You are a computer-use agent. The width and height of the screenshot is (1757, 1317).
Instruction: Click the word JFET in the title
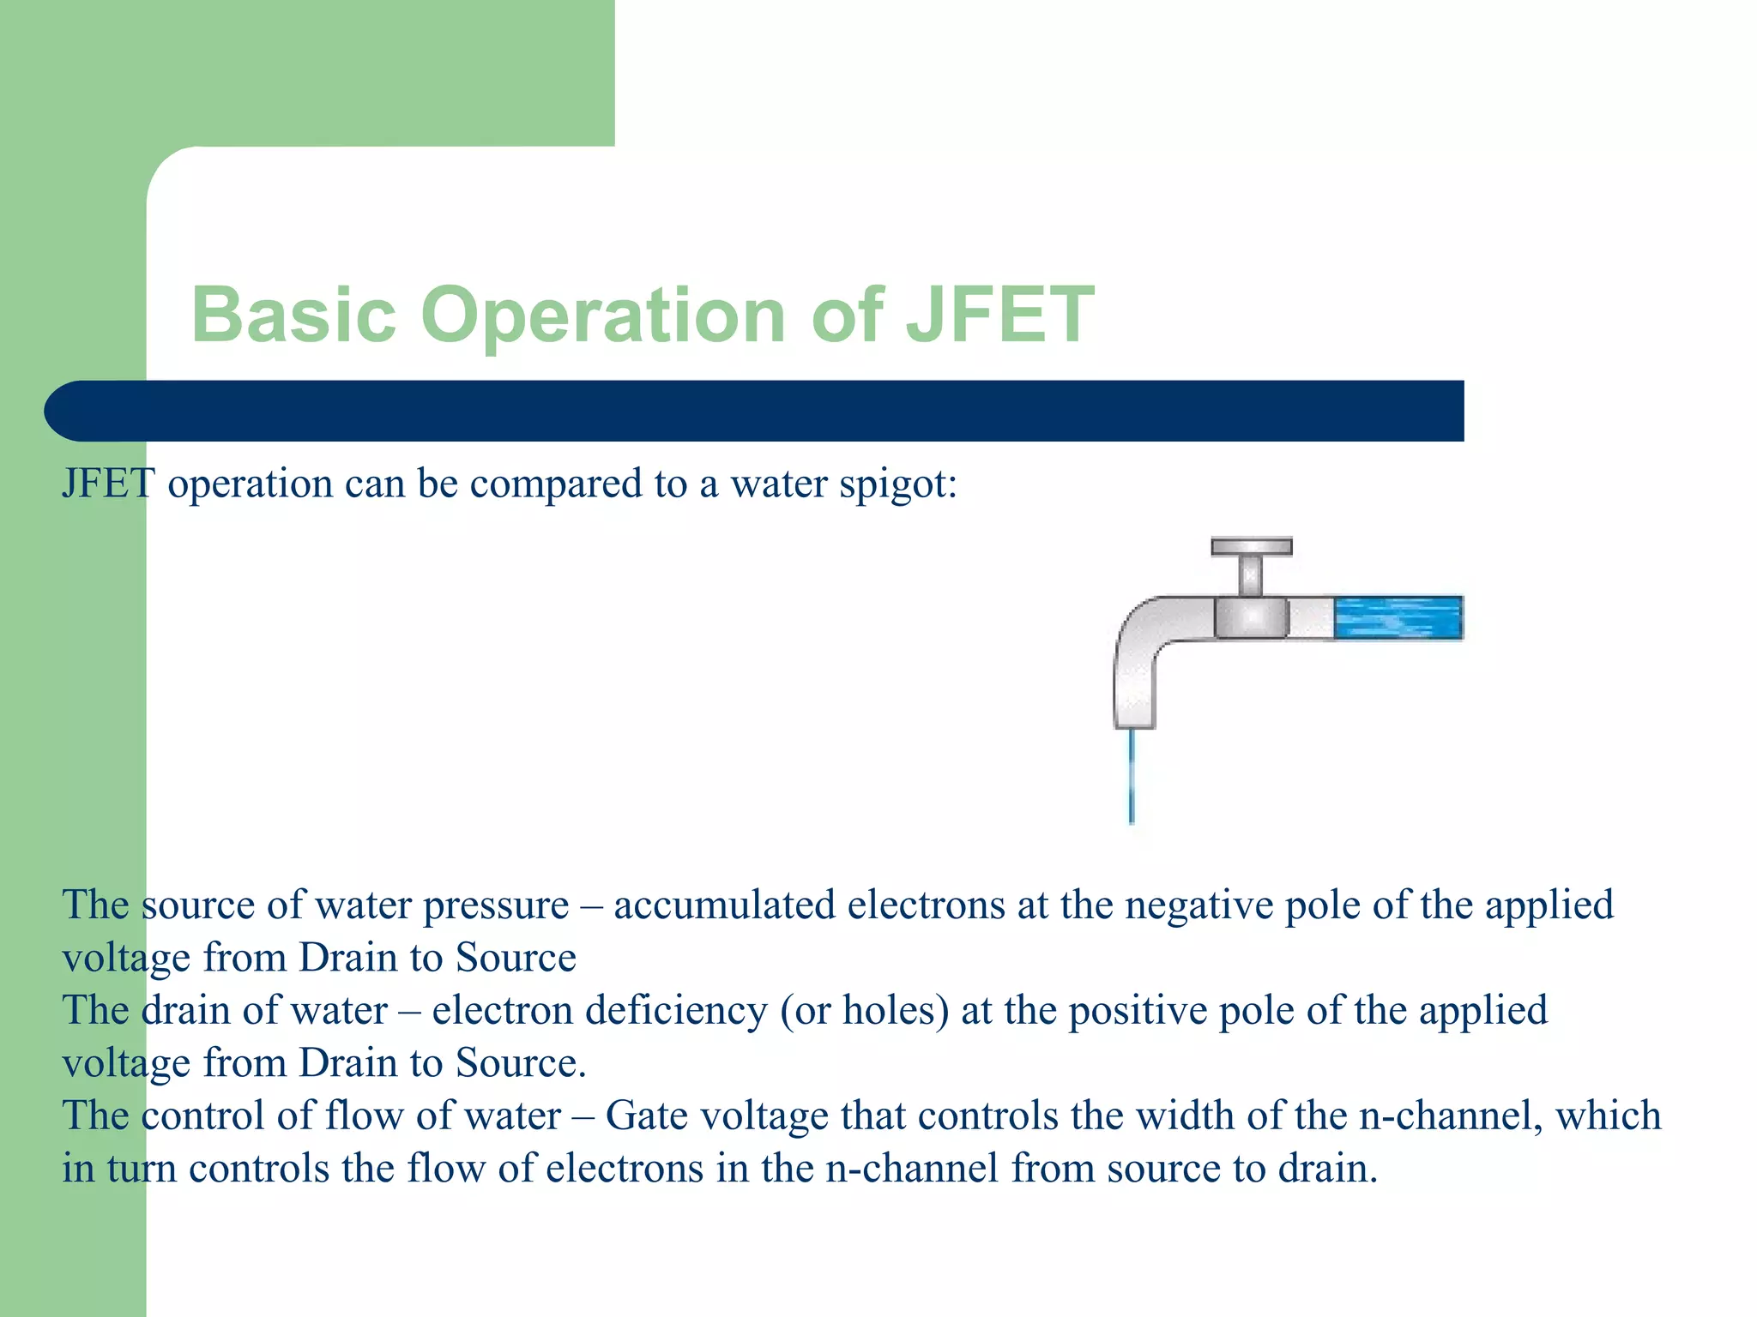click(999, 315)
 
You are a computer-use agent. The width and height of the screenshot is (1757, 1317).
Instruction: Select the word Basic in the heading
click(293, 315)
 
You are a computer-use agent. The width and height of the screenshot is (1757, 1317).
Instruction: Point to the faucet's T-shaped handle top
click(1251, 547)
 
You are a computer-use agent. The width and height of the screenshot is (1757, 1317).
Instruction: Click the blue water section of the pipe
click(1398, 617)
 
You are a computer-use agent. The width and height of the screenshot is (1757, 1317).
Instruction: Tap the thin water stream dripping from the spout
click(1132, 776)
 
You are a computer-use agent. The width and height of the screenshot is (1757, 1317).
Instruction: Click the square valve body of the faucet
click(1251, 617)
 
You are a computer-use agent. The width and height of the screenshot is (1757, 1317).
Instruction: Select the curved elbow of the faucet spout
click(1141, 634)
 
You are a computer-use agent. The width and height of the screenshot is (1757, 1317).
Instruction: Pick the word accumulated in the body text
click(724, 905)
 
